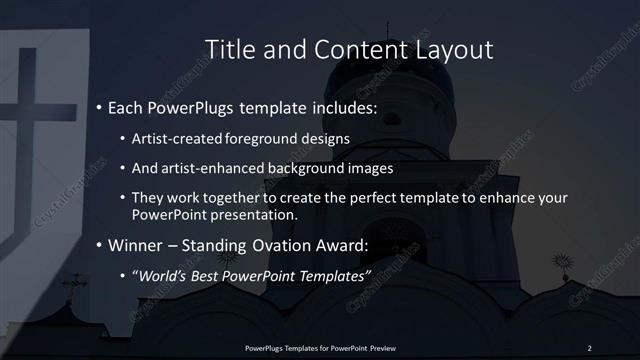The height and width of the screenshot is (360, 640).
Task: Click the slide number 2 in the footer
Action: click(589, 347)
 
